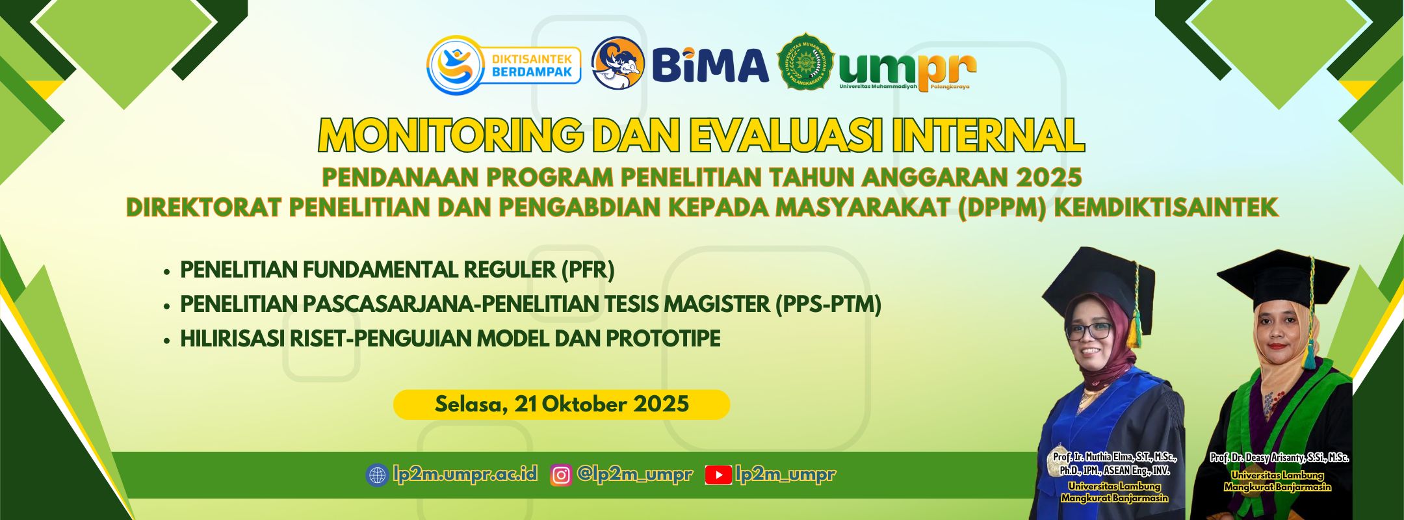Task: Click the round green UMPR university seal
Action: [806, 63]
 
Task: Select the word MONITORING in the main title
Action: [450, 135]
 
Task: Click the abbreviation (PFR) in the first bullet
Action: [588, 270]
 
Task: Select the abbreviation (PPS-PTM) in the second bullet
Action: [828, 304]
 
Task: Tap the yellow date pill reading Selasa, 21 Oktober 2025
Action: [562, 404]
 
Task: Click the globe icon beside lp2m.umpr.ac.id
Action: [376, 475]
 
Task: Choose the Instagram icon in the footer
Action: [561, 475]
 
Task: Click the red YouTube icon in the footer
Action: [718, 476]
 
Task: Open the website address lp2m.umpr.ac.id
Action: [465, 474]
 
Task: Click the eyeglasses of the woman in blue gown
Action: [1089, 331]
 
